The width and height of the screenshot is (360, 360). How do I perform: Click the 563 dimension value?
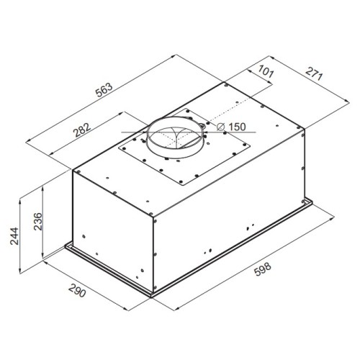coord(104,90)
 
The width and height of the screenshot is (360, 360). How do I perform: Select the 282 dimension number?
coord(82,130)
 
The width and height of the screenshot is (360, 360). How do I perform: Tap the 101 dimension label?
coord(266,71)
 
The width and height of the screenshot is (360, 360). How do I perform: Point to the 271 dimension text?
coord(314,73)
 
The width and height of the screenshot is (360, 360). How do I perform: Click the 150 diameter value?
coord(237,127)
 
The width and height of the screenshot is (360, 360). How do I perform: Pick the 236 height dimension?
coord(37,221)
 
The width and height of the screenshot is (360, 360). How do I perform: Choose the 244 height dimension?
coord(14,236)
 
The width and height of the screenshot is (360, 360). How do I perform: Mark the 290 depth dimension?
coord(77,290)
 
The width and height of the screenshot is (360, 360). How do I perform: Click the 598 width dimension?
coord(263,269)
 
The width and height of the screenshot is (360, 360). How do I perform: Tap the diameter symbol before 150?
coord(220,127)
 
